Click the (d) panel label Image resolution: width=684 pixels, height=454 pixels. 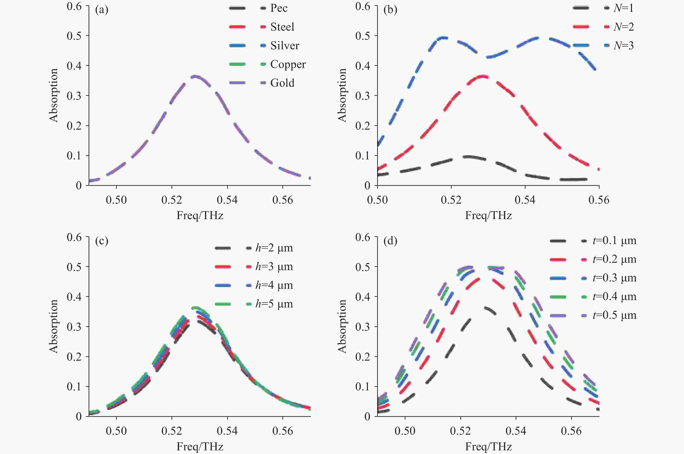[390, 241]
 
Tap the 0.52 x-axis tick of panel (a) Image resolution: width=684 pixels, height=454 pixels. [172, 200]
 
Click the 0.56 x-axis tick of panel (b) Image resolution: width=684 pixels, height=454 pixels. [599, 200]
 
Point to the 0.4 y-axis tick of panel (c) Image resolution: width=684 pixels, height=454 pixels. [74, 297]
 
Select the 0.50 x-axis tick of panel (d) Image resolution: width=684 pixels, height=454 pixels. [405, 431]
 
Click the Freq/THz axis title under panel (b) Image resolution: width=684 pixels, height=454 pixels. [488, 215]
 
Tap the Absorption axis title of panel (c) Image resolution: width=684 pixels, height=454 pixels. [54, 326]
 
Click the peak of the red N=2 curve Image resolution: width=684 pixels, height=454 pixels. [482, 76]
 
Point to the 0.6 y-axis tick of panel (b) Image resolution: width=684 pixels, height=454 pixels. [363, 6]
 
